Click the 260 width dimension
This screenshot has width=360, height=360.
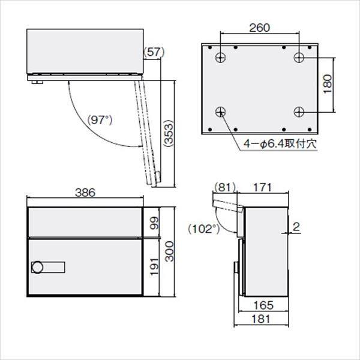click(259, 27)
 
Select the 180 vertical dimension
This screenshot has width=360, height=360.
click(328, 85)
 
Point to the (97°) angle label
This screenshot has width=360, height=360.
click(99, 119)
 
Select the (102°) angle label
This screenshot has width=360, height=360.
click(201, 229)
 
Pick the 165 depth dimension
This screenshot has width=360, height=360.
click(263, 305)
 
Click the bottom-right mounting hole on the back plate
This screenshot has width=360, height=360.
click(299, 112)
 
